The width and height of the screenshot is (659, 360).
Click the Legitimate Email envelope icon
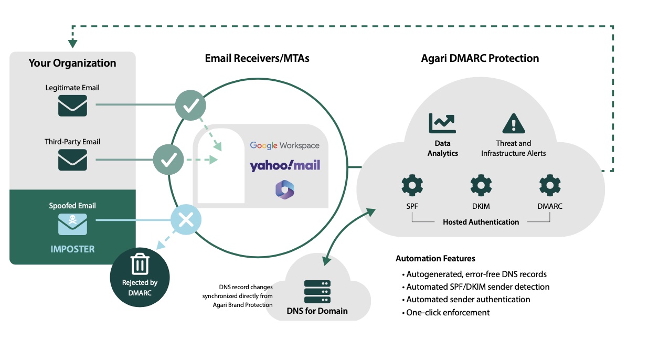pyautogui.click(x=72, y=105)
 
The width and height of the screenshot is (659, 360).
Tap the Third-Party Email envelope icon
pyautogui.click(x=72, y=160)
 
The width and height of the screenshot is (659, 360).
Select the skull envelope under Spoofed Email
pyautogui.click(x=72, y=224)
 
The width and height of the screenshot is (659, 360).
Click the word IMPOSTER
pyautogui.click(x=72, y=249)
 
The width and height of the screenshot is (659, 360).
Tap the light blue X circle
pyautogui.click(x=186, y=220)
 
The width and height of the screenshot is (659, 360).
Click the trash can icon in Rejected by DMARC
pyautogui.click(x=140, y=264)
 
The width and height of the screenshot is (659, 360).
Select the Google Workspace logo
pyautogui.click(x=284, y=145)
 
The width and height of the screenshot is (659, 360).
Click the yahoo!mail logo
pyautogui.click(x=284, y=166)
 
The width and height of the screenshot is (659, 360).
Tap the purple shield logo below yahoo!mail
pyautogui.click(x=284, y=189)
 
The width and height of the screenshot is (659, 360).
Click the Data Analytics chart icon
pyautogui.click(x=442, y=123)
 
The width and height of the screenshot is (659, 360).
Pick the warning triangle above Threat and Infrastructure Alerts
pyautogui.click(x=513, y=124)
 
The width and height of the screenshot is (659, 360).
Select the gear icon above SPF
pyautogui.click(x=412, y=186)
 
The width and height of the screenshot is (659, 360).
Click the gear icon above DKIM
pyautogui.click(x=481, y=186)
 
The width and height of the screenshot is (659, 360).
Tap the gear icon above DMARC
pyautogui.click(x=549, y=186)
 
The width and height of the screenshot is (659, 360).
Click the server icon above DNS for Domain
pyautogui.click(x=317, y=291)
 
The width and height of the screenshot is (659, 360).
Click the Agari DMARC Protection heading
pyautogui.click(x=480, y=58)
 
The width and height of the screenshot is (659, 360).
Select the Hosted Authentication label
pyautogui.click(x=481, y=222)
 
